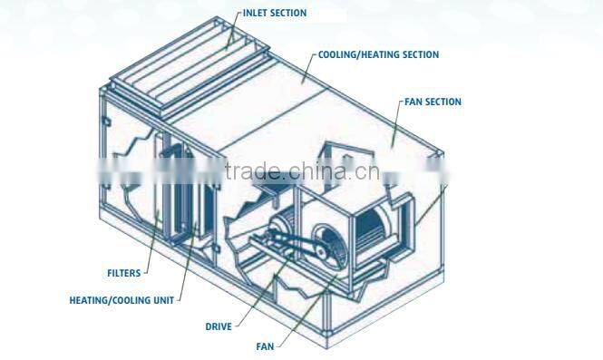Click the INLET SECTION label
point(275,14)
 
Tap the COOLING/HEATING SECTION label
point(379,55)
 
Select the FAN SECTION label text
point(431,102)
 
